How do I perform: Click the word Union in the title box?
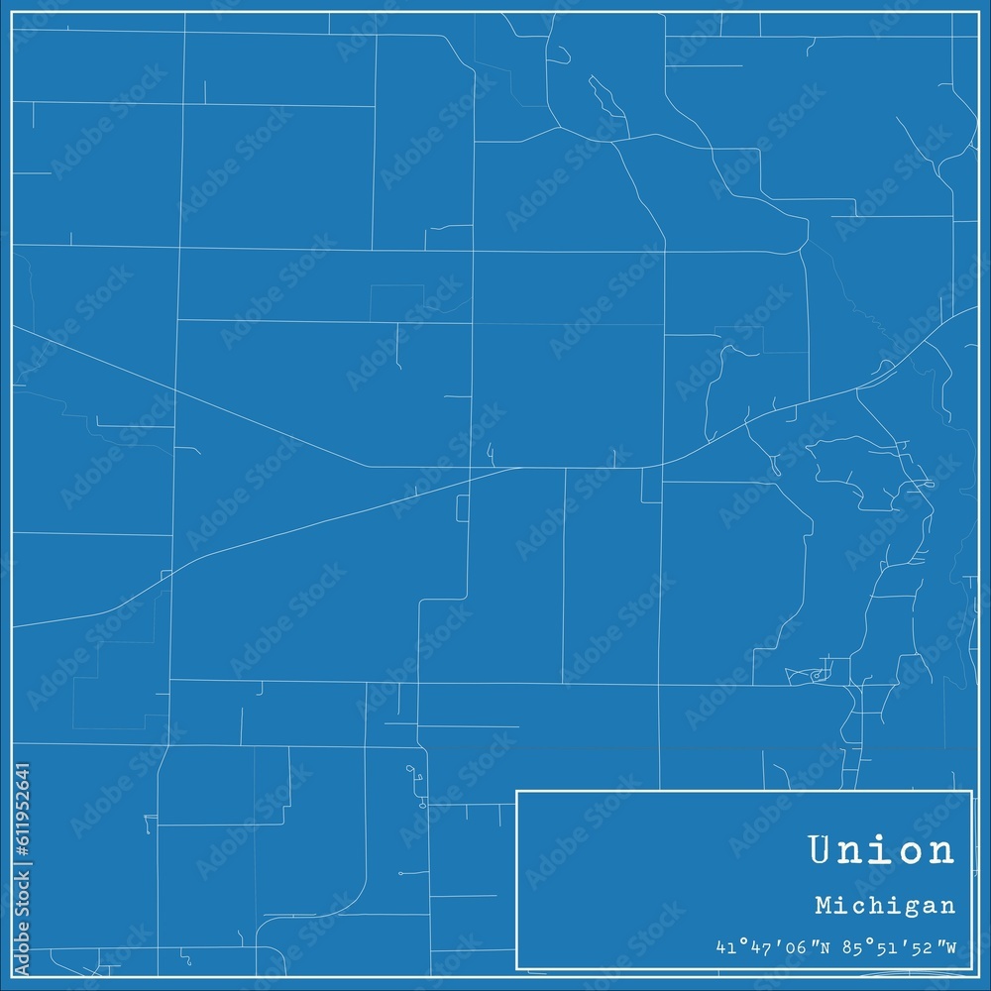[x=881, y=849]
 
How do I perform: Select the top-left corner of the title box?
[x=517, y=791]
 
